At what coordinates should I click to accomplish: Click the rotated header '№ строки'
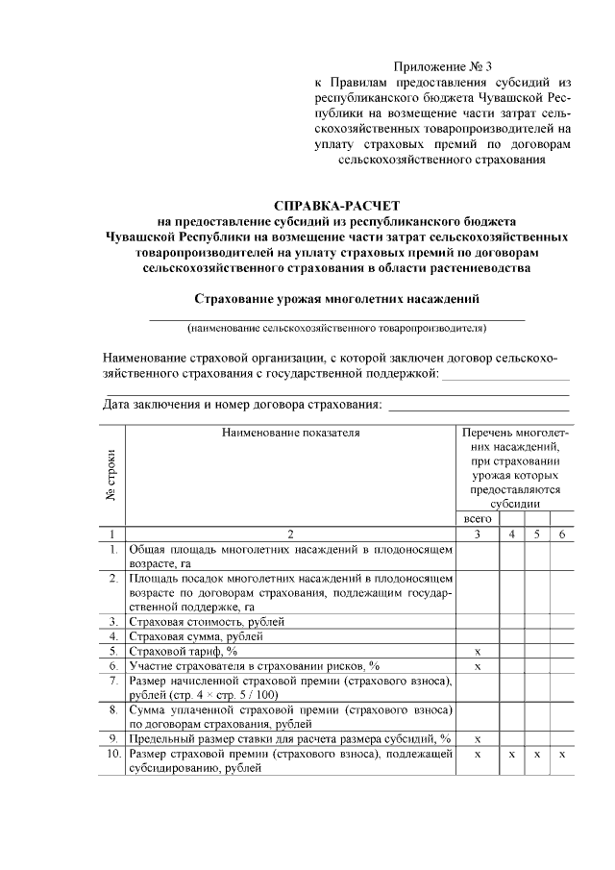tap(111, 474)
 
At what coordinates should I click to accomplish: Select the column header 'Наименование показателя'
tap(290, 433)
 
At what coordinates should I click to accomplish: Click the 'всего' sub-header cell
tap(477, 519)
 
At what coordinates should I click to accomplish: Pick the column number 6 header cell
tap(562, 534)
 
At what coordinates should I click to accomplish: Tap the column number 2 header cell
tap(290, 534)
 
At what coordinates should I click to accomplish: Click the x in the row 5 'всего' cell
tap(478, 651)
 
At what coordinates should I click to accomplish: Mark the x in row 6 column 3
tap(478, 665)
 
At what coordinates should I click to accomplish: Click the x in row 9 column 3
tap(478, 739)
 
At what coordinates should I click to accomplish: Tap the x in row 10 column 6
tap(562, 755)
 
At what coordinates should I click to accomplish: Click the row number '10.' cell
tap(112, 755)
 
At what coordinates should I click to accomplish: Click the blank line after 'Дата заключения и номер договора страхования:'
tap(478, 408)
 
